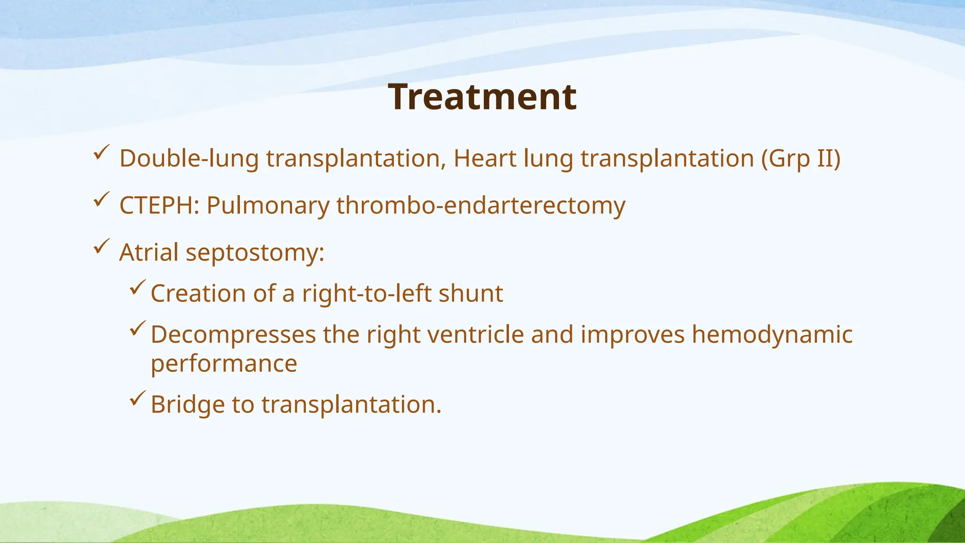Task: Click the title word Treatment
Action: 482,97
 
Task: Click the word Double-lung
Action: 188,158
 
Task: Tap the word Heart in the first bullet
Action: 484,158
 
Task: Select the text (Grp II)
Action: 801,158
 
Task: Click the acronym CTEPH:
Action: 159,206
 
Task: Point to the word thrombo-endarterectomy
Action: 481,206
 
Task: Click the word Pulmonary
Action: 268,206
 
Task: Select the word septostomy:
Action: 255,253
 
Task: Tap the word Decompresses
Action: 233,335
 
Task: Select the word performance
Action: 224,364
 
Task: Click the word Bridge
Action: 188,404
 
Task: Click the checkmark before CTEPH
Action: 101,200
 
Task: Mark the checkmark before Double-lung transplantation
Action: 101,153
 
